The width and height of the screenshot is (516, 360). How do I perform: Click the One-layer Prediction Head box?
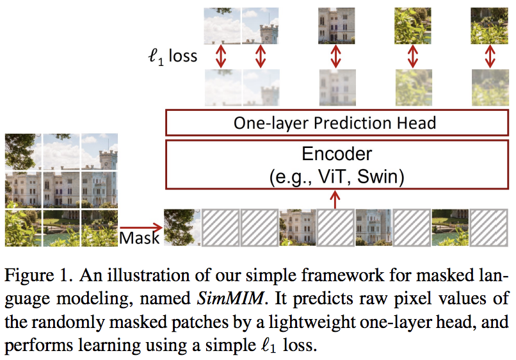pos(336,122)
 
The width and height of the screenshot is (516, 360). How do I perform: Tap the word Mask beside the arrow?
pos(139,238)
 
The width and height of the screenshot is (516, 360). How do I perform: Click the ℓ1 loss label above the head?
pos(172,56)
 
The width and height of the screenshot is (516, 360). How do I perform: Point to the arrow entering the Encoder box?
pos(336,200)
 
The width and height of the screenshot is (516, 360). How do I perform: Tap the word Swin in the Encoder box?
pos(379,176)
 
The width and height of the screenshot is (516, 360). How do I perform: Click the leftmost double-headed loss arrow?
pos(221,56)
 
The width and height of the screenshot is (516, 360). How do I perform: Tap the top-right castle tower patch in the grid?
pos(100,151)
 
